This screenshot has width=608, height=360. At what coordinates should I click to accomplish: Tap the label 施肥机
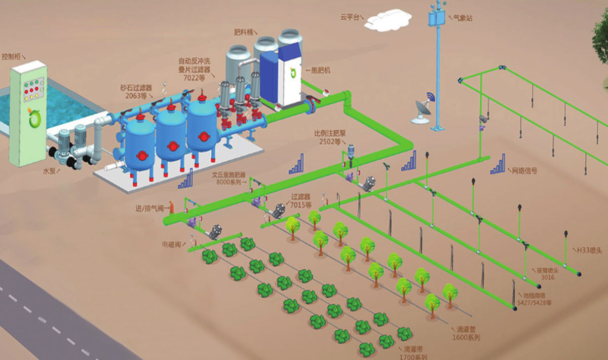coord(320,71)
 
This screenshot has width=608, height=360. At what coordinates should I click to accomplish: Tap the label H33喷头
coord(590,250)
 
